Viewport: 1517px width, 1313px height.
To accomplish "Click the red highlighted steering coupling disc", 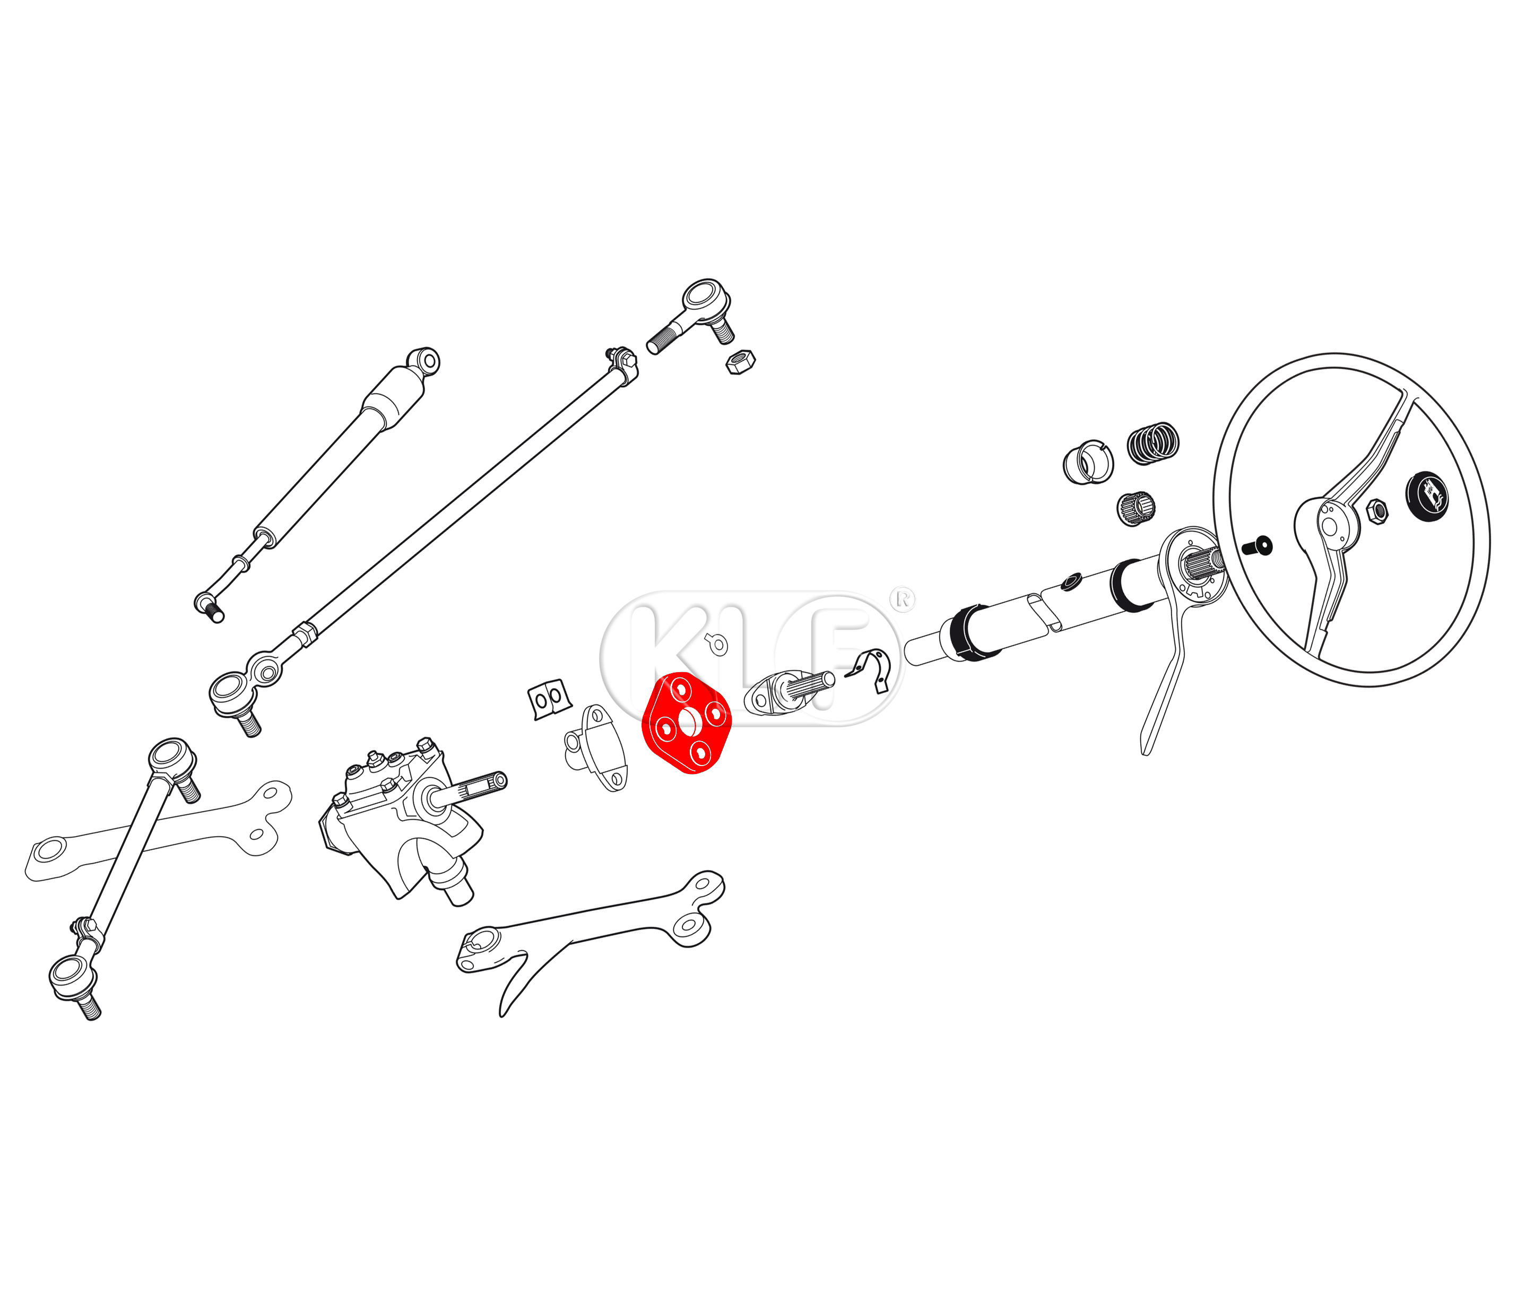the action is coord(686,723).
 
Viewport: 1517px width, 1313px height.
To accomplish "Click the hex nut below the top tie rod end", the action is coord(740,362).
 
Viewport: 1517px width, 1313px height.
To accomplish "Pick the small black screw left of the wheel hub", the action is coord(1258,546).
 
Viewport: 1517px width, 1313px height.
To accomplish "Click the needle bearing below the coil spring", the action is coord(1136,508).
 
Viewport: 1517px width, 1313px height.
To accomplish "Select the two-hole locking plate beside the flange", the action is coord(548,699).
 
